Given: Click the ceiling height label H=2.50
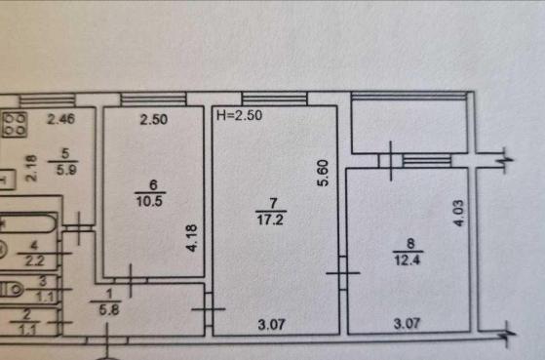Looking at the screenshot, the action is [239, 115].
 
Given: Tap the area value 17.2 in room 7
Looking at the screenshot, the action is [270, 220].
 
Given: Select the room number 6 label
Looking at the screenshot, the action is [153, 184].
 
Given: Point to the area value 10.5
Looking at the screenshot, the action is [149, 201].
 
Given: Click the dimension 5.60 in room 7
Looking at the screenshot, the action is [324, 173].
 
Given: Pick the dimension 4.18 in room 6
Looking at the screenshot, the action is [191, 238].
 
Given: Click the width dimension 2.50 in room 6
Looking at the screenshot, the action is [154, 120].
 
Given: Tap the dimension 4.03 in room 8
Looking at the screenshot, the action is [459, 213].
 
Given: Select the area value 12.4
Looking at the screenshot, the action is [408, 260].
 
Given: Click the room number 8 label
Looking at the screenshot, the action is [410, 243].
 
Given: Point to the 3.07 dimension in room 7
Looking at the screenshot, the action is [271, 325].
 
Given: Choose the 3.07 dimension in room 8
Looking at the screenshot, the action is [407, 324].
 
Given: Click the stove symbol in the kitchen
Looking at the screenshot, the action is [15, 124].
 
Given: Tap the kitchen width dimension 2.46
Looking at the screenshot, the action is [60, 119].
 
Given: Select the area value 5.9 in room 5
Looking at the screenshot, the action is [65, 170].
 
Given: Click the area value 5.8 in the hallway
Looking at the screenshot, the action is [109, 309].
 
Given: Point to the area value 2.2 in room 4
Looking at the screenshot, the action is [35, 260].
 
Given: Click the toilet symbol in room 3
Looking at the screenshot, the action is [11, 289].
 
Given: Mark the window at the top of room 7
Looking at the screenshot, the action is [275, 99].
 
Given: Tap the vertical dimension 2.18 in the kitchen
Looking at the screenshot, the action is [31, 169].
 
